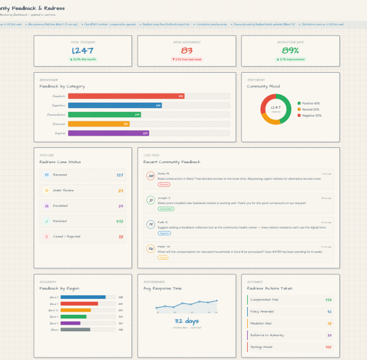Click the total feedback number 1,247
coord(83,51)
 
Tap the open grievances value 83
coord(187,51)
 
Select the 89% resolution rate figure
coord(291,51)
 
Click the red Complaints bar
coord(126,96)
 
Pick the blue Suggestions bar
coord(114,105)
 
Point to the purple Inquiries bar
coord(108,133)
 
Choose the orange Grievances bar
coord(98,123)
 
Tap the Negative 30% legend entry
coord(311,115)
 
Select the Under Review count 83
coord(120,191)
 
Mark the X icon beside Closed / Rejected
coord(46,237)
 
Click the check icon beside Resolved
coord(46,221)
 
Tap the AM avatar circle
coord(150,176)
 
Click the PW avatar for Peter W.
coord(150,249)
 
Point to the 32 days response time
coord(187,321)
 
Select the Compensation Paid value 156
coord(328,300)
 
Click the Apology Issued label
coord(261,347)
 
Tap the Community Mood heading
coord(262,86)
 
